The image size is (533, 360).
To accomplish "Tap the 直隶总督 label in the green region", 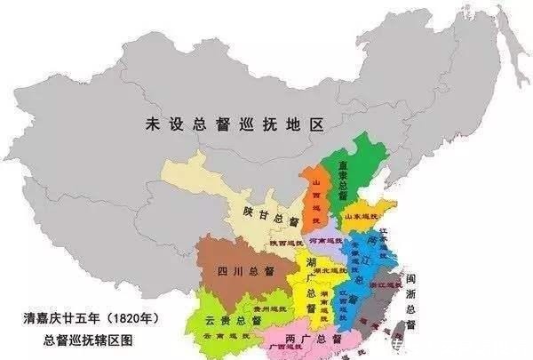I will (x=340, y=183).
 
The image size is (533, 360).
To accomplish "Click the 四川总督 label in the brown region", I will (x=237, y=271).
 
